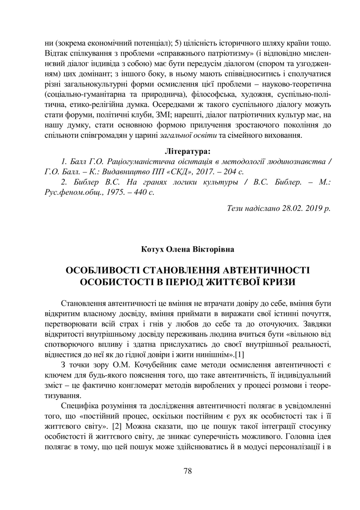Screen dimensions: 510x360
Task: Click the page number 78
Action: click(x=187, y=471)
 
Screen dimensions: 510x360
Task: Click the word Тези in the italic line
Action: click(x=236, y=209)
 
